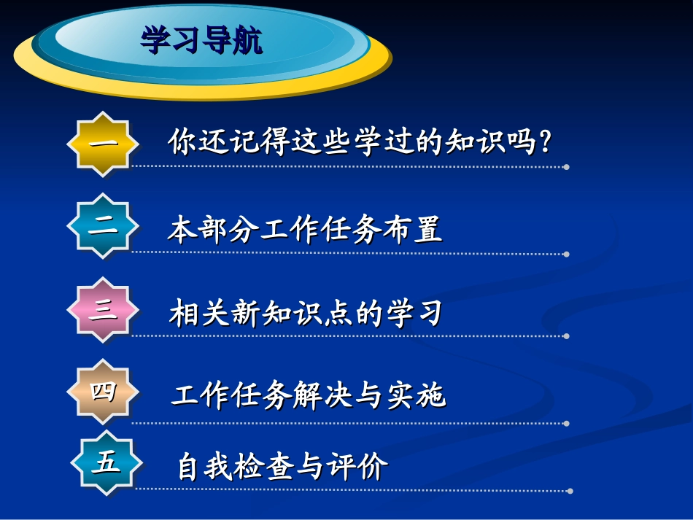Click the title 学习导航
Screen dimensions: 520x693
(202, 41)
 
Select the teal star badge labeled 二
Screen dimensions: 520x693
(103, 225)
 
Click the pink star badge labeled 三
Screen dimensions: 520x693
(103, 310)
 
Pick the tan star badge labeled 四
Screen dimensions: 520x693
(103, 392)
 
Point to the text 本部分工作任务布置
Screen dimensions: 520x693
(305, 230)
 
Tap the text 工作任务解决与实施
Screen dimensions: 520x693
(308, 396)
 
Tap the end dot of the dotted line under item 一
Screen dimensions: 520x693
(566, 167)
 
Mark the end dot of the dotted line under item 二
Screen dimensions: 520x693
(567, 254)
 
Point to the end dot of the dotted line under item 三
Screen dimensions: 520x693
(567, 336)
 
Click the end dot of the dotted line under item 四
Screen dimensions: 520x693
(567, 423)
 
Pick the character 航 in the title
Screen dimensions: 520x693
(248, 41)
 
